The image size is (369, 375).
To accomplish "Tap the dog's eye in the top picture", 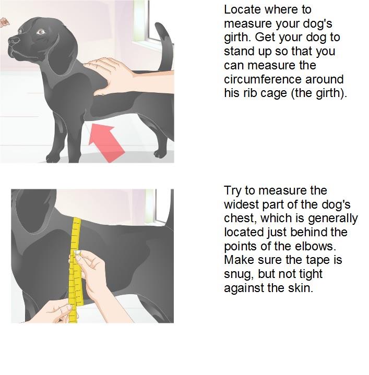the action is (40, 32).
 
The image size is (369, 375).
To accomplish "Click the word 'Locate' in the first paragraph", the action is (242, 10).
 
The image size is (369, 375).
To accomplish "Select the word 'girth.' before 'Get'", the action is (237, 38).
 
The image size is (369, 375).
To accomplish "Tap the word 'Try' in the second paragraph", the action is (232, 191).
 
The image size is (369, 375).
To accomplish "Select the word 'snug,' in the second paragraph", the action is (239, 274).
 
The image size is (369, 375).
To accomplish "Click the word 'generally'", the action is (333, 219).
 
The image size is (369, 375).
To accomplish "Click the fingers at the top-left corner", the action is (4, 22).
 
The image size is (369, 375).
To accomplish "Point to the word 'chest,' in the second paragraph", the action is (241, 219).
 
